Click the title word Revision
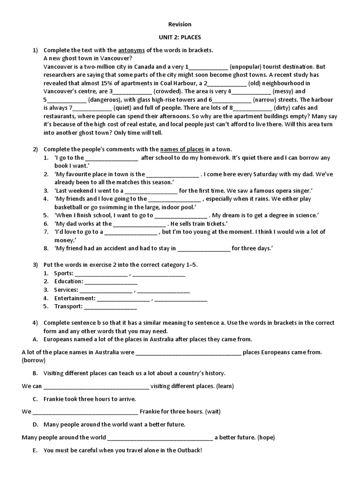[180, 24]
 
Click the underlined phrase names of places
[182, 150]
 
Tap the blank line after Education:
[111, 282]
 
